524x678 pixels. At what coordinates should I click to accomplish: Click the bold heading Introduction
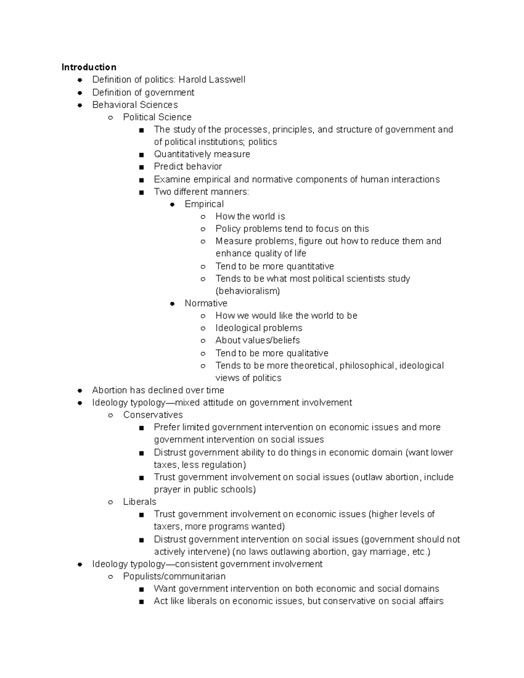click(x=89, y=67)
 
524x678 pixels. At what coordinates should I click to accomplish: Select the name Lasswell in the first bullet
click(x=227, y=79)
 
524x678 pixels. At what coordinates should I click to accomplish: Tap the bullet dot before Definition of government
click(x=80, y=93)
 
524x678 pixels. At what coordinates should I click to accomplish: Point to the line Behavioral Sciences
click(x=135, y=105)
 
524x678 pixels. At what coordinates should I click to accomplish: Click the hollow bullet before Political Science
click(x=111, y=117)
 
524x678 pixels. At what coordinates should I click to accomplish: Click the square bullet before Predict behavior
click(x=141, y=167)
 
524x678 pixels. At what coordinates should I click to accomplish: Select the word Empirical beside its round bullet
click(x=204, y=204)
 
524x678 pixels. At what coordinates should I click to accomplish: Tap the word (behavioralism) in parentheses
click(x=248, y=291)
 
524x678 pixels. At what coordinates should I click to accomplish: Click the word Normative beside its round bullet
click(x=206, y=303)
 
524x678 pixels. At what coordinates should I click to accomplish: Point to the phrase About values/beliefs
click(x=258, y=340)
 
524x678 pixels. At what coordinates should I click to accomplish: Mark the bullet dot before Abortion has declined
click(x=80, y=390)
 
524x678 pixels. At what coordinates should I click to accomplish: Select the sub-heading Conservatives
click(x=153, y=415)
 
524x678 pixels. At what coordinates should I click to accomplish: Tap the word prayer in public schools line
click(x=167, y=489)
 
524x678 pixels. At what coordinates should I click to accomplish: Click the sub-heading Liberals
click(x=139, y=502)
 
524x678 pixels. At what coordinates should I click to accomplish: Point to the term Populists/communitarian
click(x=174, y=576)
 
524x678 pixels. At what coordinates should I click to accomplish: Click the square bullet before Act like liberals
click(x=141, y=602)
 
